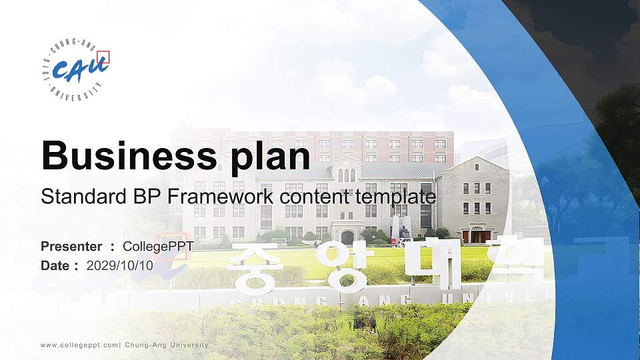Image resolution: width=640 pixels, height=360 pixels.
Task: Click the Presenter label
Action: [x=71, y=247]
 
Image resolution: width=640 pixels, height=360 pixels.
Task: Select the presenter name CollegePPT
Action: [x=159, y=247]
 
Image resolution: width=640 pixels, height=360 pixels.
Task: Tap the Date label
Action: [x=55, y=265]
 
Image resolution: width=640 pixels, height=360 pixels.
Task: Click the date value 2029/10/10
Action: [x=120, y=265]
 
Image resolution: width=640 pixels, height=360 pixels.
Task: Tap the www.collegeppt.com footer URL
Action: [x=79, y=345]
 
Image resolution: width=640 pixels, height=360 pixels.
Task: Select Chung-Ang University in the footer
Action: [x=166, y=345]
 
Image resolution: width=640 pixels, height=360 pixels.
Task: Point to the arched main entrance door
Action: [x=347, y=237]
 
